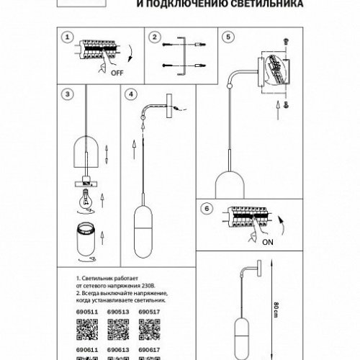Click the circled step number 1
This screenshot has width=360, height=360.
pos(67,37)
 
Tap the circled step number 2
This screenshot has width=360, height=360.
pos(154,37)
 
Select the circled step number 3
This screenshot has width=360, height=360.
pos(67,94)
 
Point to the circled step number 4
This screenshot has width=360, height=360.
pos(130,94)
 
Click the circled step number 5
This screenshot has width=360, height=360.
pos(228,37)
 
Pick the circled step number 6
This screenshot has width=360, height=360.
pos(207,208)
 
